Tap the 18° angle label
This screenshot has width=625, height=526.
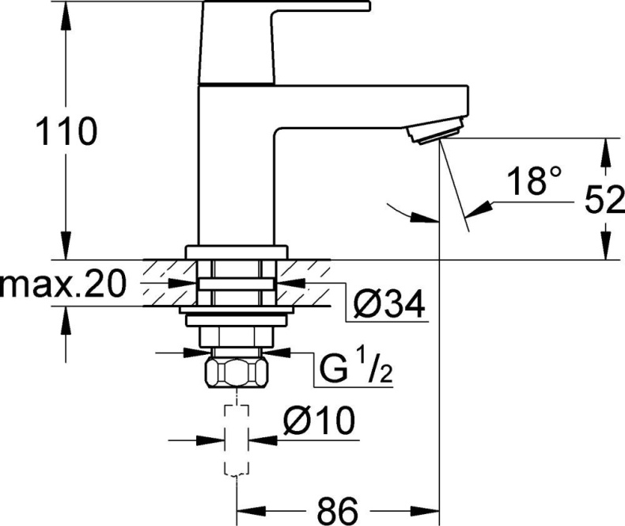coord(528,181)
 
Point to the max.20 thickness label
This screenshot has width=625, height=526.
coord(63,284)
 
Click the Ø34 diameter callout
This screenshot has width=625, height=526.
coord(388,302)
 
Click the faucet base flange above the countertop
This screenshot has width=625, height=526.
coord(237,252)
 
